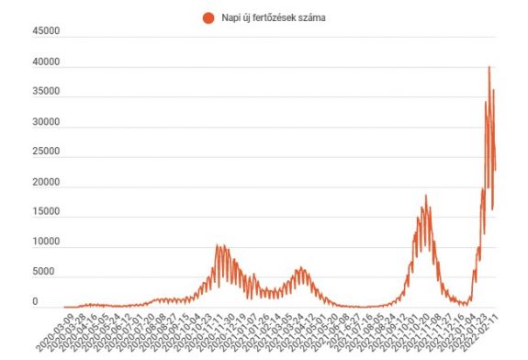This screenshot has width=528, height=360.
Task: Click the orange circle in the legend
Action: tap(208, 17)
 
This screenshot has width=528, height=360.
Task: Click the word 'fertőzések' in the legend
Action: tap(275, 17)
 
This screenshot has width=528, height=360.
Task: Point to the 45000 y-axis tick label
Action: tap(46, 32)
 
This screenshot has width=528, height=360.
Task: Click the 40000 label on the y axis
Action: tap(46, 62)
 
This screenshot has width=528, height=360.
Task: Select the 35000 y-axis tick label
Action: tap(46, 92)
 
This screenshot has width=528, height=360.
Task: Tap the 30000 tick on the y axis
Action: tap(46, 122)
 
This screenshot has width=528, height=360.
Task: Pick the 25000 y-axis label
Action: tap(46, 152)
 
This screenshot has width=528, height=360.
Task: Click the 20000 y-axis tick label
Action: tap(46, 182)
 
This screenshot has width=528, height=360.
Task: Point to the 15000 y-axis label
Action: tap(46, 212)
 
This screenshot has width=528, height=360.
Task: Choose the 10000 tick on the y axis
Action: tap(46, 242)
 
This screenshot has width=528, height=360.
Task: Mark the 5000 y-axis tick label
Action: tap(49, 272)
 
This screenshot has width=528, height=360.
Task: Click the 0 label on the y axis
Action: tap(60, 302)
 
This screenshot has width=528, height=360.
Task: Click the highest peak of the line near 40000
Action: tap(489, 67)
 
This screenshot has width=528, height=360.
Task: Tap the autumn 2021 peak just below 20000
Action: tap(425, 196)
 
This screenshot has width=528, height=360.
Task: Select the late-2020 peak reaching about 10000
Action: tap(219, 245)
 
